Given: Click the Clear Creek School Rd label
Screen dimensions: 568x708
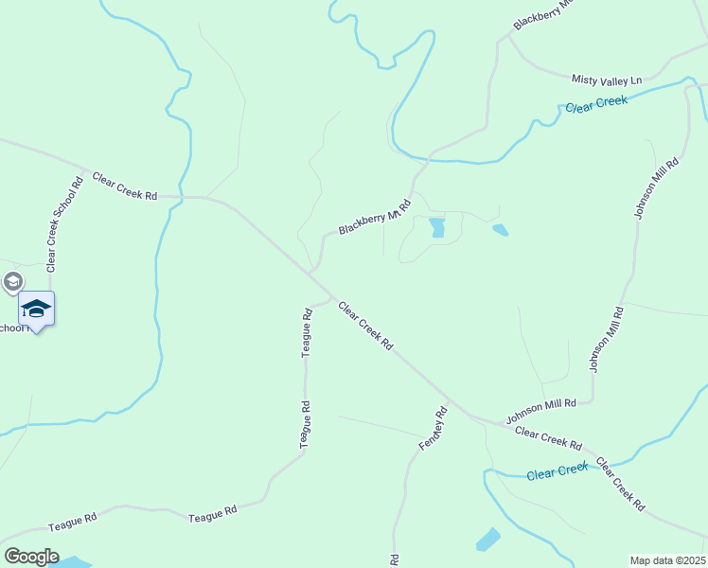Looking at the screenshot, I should [65, 221].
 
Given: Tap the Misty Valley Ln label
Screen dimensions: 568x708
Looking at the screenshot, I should [606, 79].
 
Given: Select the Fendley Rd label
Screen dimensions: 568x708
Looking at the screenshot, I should [433, 428].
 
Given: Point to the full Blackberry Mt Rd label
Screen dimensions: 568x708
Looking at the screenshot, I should [375, 217].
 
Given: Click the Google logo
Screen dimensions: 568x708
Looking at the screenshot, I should [31, 557].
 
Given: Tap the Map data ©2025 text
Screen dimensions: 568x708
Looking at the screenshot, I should [666, 560].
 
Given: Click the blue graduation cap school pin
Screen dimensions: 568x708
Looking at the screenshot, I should [36, 310].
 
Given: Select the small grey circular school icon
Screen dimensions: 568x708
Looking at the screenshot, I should [12, 281].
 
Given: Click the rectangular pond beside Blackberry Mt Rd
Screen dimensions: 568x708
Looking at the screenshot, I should [437, 227].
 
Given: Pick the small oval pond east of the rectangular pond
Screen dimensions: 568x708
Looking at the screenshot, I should [500, 229].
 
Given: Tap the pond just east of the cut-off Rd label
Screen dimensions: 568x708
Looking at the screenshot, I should [488, 540].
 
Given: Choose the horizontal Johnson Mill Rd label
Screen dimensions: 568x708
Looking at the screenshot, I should [541, 410].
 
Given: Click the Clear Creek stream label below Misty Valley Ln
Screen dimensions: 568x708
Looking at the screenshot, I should [596, 104].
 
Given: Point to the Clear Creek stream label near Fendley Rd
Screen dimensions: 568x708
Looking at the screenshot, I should [558, 471].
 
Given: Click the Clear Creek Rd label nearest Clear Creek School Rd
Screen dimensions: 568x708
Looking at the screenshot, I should [124, 186].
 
